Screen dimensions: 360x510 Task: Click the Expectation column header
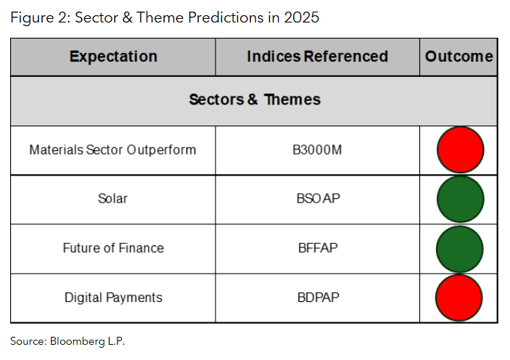113,57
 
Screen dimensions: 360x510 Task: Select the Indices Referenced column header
317,57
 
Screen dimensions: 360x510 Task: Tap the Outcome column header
458,57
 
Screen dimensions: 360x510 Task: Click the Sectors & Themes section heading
254,99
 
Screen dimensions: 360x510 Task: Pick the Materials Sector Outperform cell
112,150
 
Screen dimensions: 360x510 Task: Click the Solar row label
112,199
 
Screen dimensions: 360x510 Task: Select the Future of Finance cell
113,248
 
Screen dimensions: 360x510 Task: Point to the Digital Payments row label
113,298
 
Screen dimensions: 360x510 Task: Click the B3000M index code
317,150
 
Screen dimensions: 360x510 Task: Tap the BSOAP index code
317,199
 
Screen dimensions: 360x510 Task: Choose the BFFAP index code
317,248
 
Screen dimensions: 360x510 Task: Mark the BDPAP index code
317,298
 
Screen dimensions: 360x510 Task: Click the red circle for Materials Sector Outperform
460,150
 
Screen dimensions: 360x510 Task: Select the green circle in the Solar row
460,199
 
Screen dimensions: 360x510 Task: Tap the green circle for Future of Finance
460,248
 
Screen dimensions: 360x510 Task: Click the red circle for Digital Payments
460,298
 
